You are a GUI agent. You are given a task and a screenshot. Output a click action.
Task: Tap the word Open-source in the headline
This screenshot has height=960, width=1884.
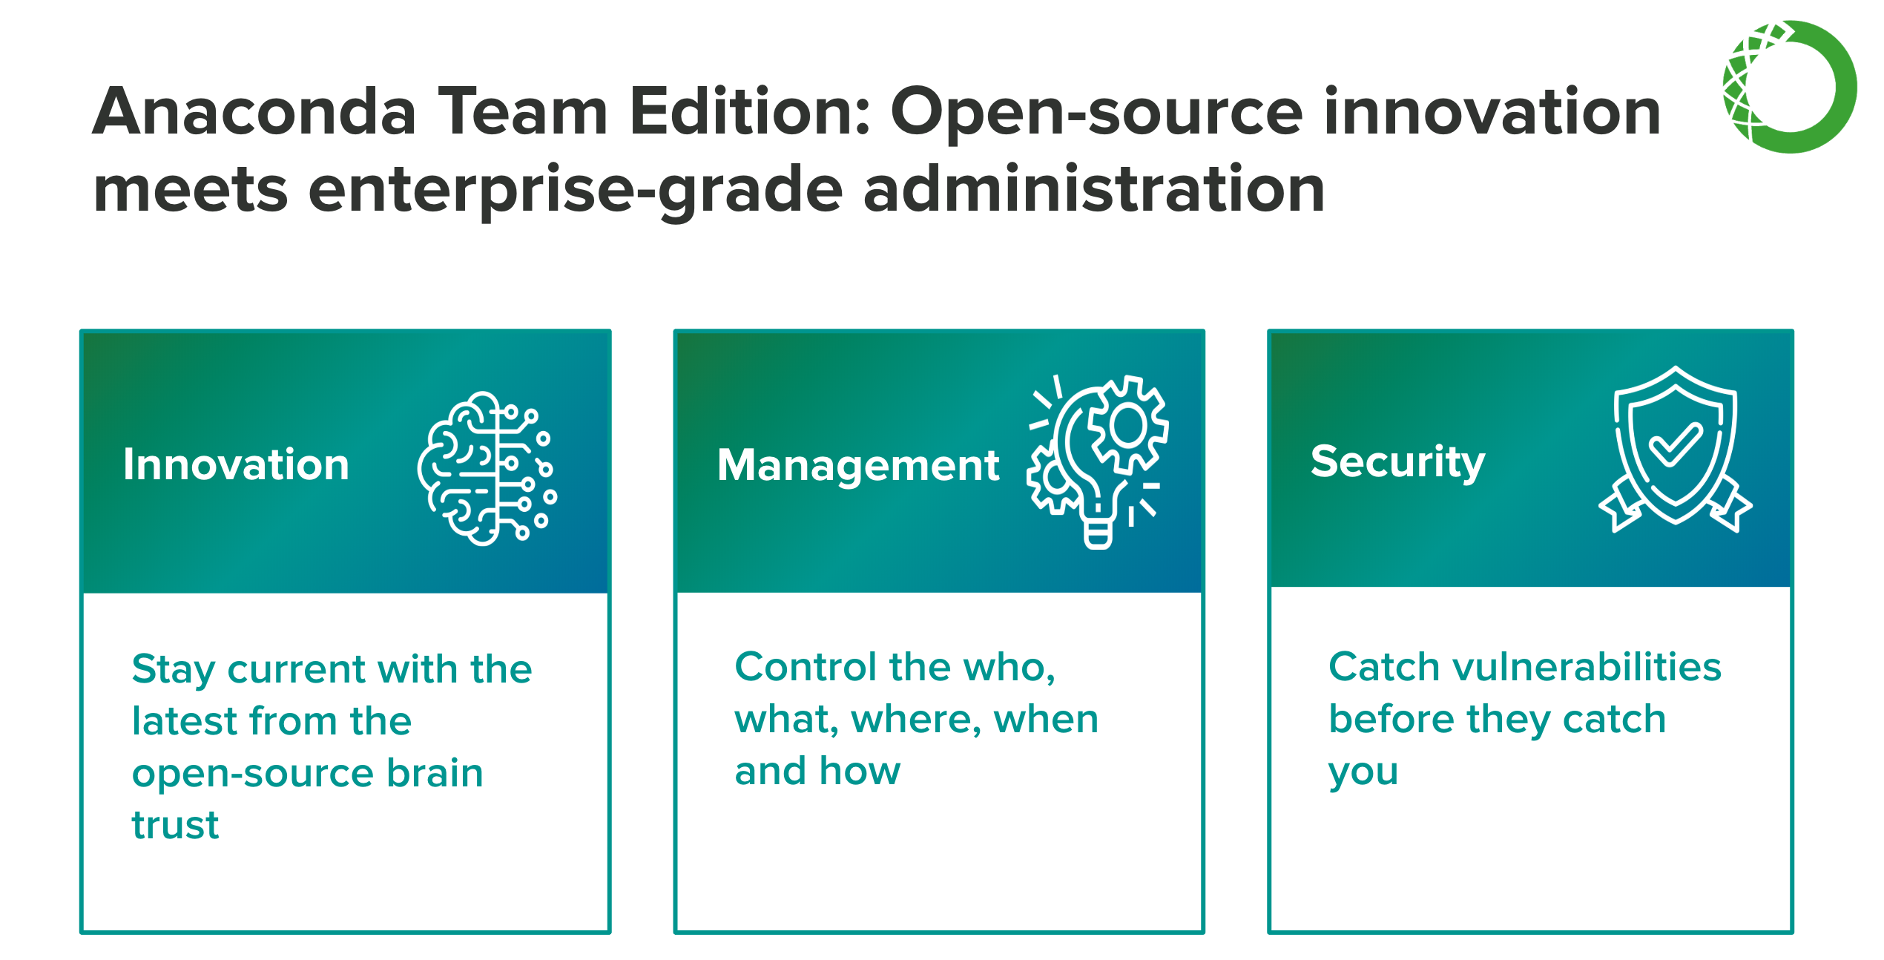point(1096,113)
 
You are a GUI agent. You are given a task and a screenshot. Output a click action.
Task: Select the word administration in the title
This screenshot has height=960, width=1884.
point(1094,189)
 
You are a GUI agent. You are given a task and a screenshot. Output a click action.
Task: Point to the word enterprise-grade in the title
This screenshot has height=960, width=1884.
point(576,191)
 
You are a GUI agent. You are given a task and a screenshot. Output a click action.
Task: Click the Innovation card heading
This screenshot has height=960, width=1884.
point(236,465)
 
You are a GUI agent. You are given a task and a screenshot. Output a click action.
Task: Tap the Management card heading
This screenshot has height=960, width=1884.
point(858,467)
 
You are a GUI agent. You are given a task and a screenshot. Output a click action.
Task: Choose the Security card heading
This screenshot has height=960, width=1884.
point(1398,463)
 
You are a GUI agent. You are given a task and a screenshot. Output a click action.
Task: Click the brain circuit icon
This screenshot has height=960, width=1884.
point(487,468)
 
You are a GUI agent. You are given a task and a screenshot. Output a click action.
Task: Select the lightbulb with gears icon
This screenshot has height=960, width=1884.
point(1098,461)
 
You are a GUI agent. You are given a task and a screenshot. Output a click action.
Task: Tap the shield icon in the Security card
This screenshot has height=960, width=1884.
point(1676,450)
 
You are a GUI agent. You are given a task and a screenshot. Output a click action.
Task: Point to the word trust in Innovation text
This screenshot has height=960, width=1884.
point(175,825)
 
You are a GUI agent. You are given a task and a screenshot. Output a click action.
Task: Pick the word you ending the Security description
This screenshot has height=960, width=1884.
point(1363,774)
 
